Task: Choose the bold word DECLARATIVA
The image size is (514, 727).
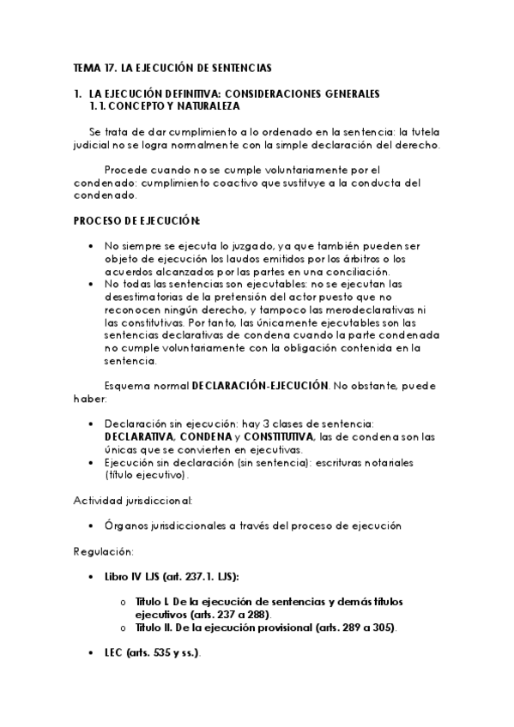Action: pos(138,437)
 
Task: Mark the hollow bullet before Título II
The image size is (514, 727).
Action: pos(125,628)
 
